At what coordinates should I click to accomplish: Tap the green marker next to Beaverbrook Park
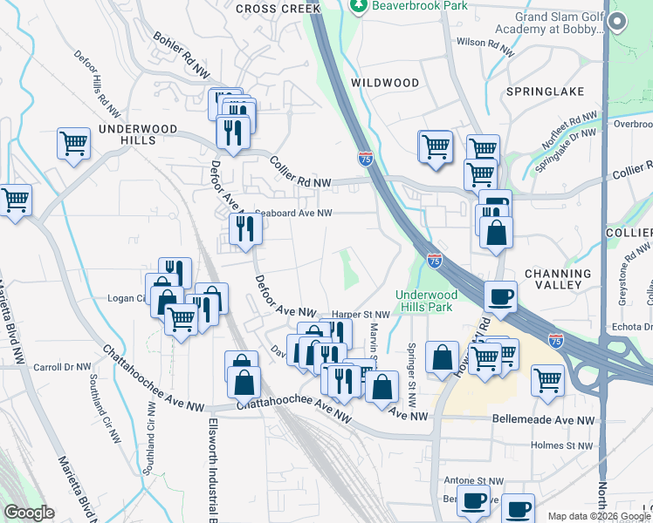tap(358, 6)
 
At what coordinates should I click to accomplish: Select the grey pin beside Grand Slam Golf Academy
tap(619, 23)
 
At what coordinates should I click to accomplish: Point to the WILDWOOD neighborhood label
tap(385, 83)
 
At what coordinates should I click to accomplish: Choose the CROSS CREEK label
tap(278, 8)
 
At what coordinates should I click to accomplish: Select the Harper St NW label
tap(361, 314)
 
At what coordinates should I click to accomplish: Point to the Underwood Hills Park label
tap(427, 301)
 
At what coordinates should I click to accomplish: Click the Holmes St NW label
tap(562, 445)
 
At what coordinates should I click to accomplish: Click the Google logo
tap(29, 513)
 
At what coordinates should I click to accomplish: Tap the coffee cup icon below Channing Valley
tap(500, 298)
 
